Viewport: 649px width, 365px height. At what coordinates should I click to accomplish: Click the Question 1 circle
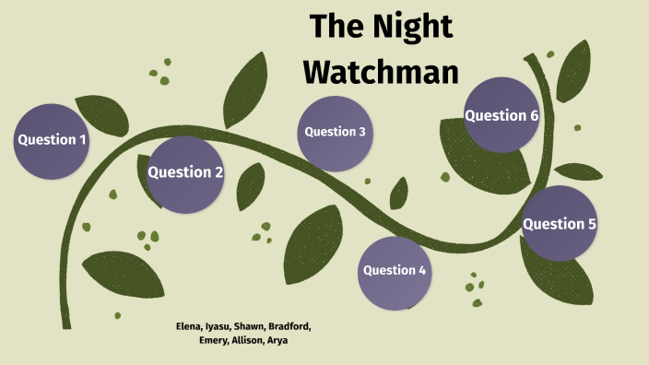point(53,140)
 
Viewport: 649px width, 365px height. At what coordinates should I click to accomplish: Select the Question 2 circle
point(185,172)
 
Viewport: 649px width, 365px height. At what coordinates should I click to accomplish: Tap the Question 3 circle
point(336,132)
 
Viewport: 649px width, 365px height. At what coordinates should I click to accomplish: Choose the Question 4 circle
point(395,271)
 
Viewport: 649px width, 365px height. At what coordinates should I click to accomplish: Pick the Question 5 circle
point(560,224)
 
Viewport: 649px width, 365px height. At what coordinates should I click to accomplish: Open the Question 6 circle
point(501,116)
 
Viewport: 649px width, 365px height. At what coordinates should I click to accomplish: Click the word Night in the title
point(414,27)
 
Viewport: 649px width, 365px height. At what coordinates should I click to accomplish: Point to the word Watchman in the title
point(382,70)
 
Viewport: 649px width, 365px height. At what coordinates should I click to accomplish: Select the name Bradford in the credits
point(289,326)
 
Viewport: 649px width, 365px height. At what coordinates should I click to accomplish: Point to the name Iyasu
point(218,326)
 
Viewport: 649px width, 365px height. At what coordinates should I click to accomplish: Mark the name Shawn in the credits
point(249,326)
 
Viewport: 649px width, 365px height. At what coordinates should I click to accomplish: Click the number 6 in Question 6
point(534,116)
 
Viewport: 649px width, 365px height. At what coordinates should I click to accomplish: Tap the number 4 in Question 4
point(422,271)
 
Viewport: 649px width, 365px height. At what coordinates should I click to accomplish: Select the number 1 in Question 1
point(83,140)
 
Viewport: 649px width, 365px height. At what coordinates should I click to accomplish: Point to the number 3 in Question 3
point(362,132)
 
